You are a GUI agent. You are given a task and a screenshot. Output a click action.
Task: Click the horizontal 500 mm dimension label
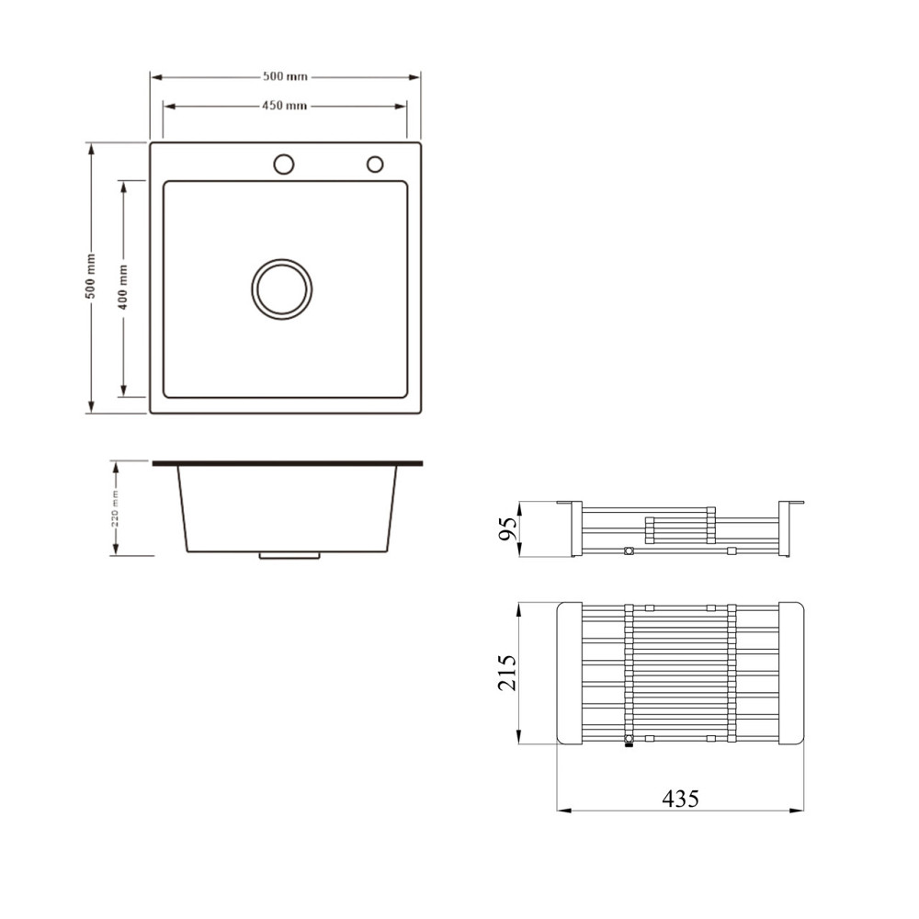click(x=285, y=76)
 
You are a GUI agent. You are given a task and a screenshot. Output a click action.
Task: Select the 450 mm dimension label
click(x=284, y=106)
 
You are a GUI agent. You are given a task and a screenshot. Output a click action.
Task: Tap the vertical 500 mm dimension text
click(x=90, y=276)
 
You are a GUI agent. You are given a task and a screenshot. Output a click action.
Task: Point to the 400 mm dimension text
click(x=122, y=287)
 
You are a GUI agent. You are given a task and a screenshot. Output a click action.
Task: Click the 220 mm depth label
click(x=116, y=508)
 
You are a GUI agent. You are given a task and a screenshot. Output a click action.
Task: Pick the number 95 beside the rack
click(x=508, y=528)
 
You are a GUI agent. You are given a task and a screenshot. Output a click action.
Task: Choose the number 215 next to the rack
click(x=507, y=673)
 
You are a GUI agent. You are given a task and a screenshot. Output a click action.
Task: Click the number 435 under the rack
click(x=680, y=799)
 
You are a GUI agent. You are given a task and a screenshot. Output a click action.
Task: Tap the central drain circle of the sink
click(x=282, y=289)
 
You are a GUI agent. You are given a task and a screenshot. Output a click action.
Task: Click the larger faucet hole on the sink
click(x=284, y=165)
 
